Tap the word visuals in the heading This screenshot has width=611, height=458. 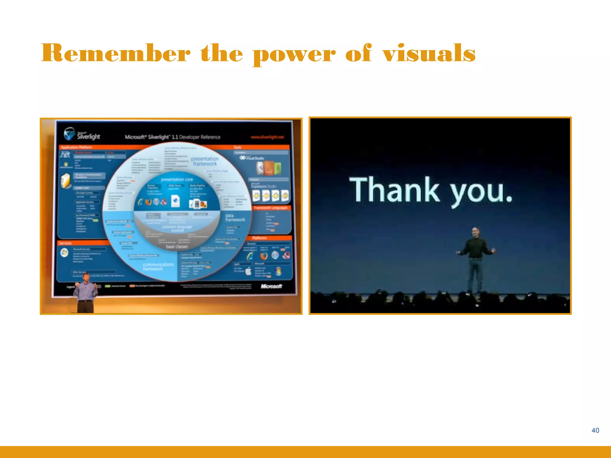pyautogui.click(x=429, y=53)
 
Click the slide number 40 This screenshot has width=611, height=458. pyautogui.click(x=595, y=430)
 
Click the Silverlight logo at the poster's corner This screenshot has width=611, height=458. pyautogui.click(x=82, y=134)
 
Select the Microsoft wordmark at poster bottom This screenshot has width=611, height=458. pyautogui.click(x=271, y=286)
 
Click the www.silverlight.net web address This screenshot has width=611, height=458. pyautogui.click(x=267, y=137)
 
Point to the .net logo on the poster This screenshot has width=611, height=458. pyautogui.click(x=65, y=154)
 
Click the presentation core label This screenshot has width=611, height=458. pyautogui.click(x=177, y=180)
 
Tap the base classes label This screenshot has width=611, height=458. pyautogui.click(x=177, y=247)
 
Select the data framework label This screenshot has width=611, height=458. pyautogui.click(x=235, y=217)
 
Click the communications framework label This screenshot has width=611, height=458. pyautogui.click(x=158, y=267)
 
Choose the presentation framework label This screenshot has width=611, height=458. pyautogui.click(x=205, y=161)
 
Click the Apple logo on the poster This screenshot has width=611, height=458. pyautogui.click(x=248, y=271)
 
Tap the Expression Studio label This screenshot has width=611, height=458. pyautogui.click(x=263, y=186)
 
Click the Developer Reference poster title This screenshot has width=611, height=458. pyautogui.click(x=172, y=137)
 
